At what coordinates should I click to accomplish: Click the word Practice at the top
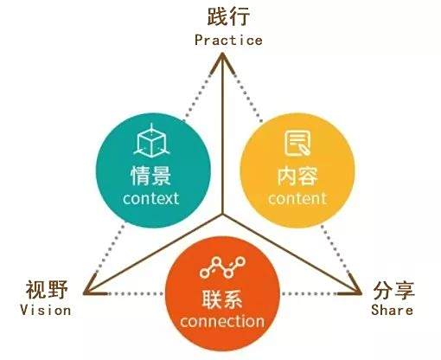[228, 40]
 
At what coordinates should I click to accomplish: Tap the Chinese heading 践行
[228, 16]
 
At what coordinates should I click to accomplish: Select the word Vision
[46, 311]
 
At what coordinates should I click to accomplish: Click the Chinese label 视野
[47, 289]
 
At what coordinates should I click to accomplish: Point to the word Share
[392, 310]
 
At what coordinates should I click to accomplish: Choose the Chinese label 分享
[393, 291]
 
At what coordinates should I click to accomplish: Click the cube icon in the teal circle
[151, 140]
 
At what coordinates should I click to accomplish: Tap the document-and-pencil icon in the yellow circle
[297, 143]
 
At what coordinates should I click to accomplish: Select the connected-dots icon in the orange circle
[222, 267]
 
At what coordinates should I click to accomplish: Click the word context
[150, 198]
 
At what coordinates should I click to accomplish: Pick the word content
[297, 198]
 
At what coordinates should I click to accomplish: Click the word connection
[222, 321]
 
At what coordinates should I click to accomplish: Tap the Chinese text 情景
[151, 176]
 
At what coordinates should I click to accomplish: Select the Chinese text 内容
[297, 176]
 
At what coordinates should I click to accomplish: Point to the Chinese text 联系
[222, 299]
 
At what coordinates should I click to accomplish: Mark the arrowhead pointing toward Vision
[92, 287]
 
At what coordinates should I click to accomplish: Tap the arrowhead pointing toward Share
[353, 287]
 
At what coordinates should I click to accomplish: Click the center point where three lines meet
[222, 215]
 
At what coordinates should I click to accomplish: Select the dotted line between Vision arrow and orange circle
[136, 293]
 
